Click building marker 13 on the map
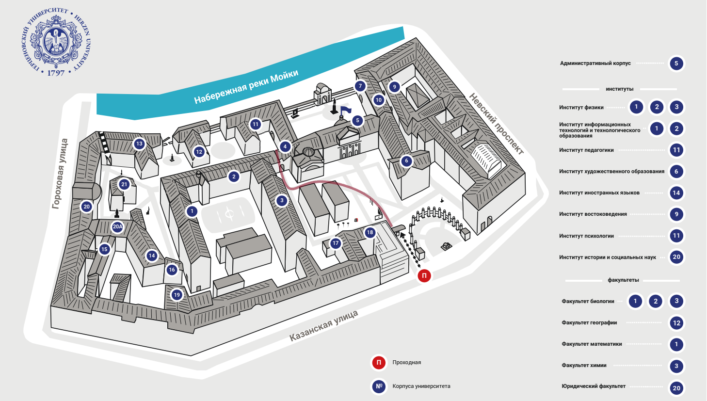[139, 144]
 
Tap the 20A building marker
[117, 226]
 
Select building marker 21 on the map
[124, 184]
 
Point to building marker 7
[360, 86]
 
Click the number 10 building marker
[379, 100]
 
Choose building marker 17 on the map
[336, 243]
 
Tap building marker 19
[177, 295]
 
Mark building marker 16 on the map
[172, 270]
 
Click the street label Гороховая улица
[61, 174]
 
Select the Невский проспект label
[496, 124]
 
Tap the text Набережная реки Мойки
[246, 87]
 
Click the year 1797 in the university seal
[56, 73]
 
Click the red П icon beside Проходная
[379, 362]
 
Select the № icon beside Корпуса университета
[379, 386]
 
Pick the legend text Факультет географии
[589, 322]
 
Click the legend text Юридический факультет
[594, 386]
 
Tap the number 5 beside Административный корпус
[676, 64]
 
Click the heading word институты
[619, 89]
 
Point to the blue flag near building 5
[346, 110]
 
